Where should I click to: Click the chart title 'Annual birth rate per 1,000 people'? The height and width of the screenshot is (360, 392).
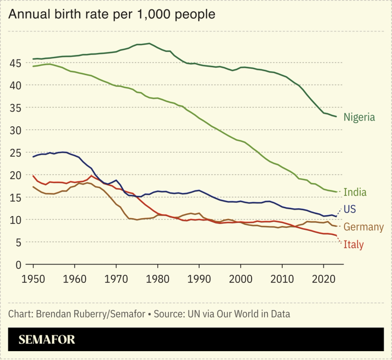pos(112,14)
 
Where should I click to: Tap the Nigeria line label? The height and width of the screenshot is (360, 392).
pos(359,117)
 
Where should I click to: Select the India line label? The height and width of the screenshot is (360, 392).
pos(355,192)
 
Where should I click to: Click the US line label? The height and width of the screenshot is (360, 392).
pos(350,209)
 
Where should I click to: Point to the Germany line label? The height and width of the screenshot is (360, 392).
pos(364,227)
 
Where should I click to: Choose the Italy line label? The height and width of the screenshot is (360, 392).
pos(354,244)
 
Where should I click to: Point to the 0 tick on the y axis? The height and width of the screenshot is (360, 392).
pos(18,265)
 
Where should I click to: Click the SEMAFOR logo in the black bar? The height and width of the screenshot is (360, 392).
pos(47,339)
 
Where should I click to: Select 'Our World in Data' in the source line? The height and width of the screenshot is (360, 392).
pos(256,313)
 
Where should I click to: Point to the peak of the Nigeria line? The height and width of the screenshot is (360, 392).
pos(149,43)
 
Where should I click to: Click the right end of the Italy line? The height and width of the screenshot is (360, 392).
pos(336,236)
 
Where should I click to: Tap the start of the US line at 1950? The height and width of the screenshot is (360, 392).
pos(33,157)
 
